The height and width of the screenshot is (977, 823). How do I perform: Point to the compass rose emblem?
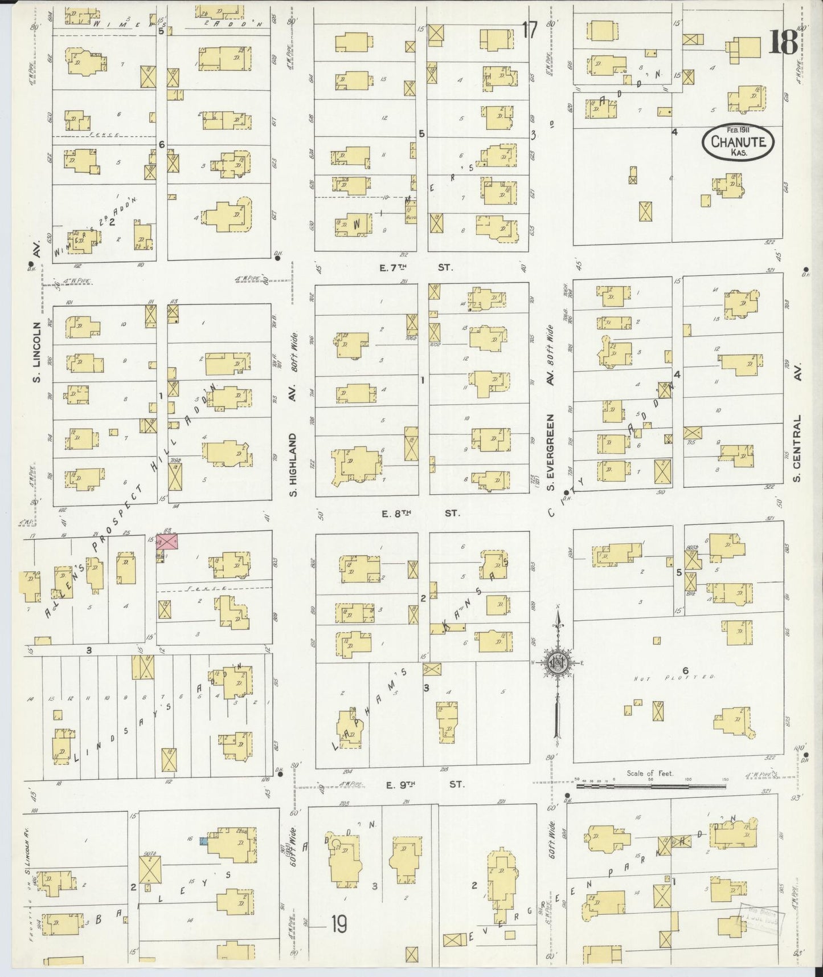pyautogui.click(x=558, y=663)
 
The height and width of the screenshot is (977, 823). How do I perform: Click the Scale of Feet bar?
pyautogui.click(x=650, y=786)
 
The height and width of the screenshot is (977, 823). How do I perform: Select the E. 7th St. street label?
pyautogui.click(x=421, y=266)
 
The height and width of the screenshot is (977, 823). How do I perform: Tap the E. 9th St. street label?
pyautogui.click(x=425, y=785)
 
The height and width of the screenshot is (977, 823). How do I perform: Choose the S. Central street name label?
pyautogui.click(x=797, y=448)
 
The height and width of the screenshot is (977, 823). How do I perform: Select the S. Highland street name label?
pyautogui.click(x=293, y=464)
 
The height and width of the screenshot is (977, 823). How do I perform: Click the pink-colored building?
pyautogui.click(x=169, y=542)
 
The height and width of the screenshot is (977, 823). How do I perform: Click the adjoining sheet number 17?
pyautogui.click(x=529, y=30)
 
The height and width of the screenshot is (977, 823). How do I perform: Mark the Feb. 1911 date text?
pyautogui.click(x=738, y=129)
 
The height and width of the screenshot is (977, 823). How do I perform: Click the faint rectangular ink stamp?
pyautogui.click(x=761, y=919)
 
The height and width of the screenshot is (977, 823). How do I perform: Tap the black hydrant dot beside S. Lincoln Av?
pyautogui.click(x=30, y=264)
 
